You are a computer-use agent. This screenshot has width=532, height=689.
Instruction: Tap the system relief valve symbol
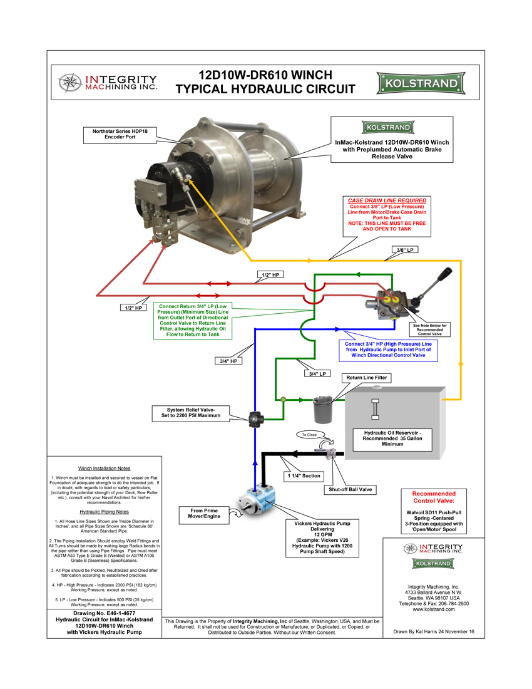(255, 418)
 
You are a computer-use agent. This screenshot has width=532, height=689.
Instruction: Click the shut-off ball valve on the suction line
(329, 452)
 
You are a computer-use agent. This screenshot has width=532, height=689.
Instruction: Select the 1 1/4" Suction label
(304, 476)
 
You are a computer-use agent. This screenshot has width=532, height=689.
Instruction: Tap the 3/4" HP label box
(227, 360)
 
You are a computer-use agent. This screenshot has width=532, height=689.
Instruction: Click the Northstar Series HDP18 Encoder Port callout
(119, 134)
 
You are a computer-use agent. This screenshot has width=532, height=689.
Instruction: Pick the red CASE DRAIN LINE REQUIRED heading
(387, 200)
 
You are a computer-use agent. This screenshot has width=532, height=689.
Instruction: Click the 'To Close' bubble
(309, 434)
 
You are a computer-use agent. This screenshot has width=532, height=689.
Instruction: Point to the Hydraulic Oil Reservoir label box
(390, 438)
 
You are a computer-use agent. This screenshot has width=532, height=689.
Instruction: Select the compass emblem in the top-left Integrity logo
(69, 82)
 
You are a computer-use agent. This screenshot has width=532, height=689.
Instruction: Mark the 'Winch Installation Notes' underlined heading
(104, 468)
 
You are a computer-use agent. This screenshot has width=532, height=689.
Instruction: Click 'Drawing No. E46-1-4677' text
(104, 613)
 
